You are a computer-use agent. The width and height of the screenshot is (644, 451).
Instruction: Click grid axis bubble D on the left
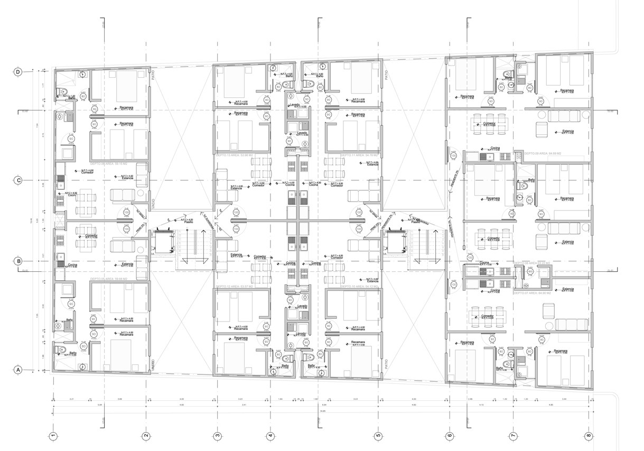point(18,72)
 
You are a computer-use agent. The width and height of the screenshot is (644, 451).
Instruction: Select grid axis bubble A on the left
point(18,370)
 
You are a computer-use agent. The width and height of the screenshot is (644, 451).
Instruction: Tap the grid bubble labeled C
point(18,180)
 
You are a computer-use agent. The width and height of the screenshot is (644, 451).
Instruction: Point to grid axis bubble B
point(18,261)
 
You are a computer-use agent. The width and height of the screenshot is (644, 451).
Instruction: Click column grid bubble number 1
point(53,436)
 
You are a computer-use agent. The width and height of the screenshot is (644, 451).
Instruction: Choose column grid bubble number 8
point(589,436)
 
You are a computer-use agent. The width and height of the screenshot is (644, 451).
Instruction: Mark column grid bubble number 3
point(217,436)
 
